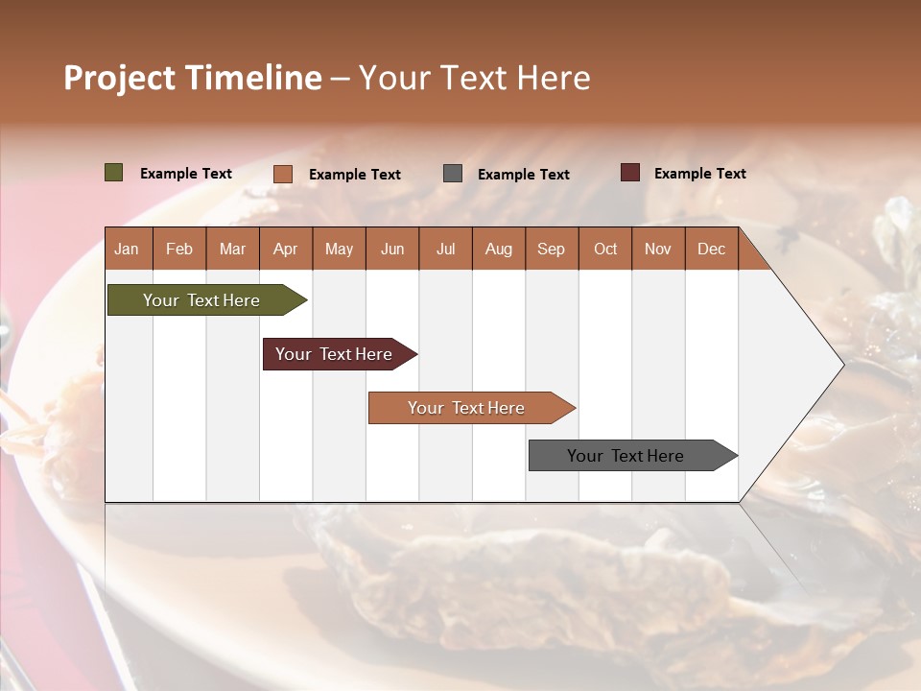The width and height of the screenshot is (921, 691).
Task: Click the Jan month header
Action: [128, 249]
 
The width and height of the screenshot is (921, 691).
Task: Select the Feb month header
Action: [179, 249]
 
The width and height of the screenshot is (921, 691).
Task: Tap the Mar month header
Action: [232, 249]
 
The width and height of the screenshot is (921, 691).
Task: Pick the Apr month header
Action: [286, 249]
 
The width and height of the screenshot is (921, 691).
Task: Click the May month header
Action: [339, 249]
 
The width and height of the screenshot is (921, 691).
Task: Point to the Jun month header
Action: [392, 249]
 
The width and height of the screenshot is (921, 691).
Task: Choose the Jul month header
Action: [445, 249]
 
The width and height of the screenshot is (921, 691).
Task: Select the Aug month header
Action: [498, 249]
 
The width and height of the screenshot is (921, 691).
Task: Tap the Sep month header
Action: [552, 249]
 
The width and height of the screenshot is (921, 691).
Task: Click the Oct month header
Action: [605, 249]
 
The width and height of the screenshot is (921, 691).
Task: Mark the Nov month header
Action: [658, 249]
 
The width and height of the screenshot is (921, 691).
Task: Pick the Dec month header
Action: [711, 249]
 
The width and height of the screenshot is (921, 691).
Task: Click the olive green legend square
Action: [114, 173]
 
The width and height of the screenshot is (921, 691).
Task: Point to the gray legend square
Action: [453, 174]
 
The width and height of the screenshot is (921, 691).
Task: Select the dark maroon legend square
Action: [630, 173]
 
